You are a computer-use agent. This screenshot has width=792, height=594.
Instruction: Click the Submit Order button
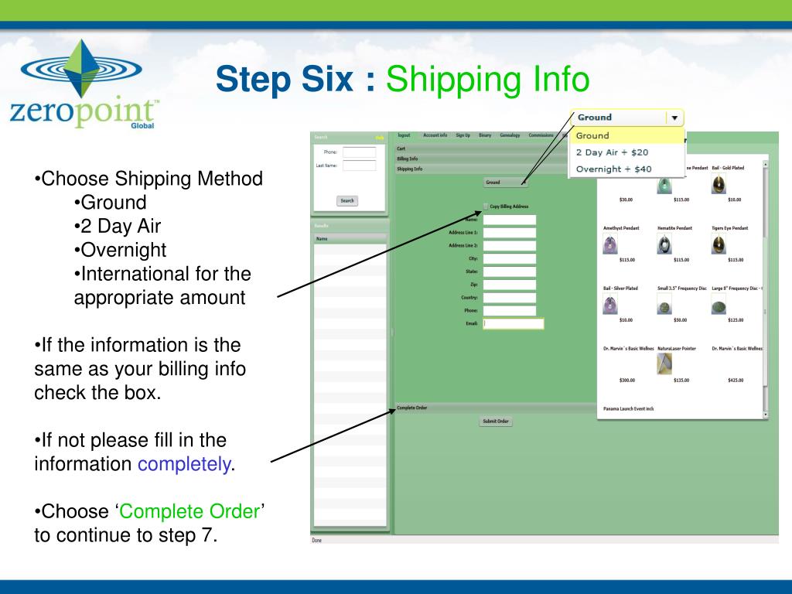click(x=495, y=422)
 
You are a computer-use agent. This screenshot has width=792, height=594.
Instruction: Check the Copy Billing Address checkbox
click(x=486, y=206)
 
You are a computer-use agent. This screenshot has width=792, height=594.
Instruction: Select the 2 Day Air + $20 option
click(x=612, y=152)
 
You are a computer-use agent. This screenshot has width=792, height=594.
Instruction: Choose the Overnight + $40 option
click(x=613, y=169)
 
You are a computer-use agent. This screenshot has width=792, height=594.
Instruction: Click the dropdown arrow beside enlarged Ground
click(x=674, y=118)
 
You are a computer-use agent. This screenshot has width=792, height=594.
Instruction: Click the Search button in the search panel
click(x=347, y=200)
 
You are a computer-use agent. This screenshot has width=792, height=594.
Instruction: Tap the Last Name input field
click(x=359, y=166)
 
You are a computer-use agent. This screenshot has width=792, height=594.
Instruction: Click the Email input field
click(x=514, y=324)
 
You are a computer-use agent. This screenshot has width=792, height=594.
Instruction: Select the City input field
click(x=509, y=259)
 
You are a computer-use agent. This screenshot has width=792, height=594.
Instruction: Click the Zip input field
click(x=509, y=285)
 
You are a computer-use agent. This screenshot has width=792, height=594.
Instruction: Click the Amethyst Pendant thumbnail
click(x=611, y=245)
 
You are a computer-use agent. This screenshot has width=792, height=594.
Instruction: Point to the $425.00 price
click(x=736, y=380)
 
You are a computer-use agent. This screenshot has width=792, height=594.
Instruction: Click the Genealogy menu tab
click(x=510, y=135)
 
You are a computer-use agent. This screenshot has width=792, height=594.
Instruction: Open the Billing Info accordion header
click(x=408, y=159)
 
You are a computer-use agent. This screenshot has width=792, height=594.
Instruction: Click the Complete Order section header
click(x=412, y=408)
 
